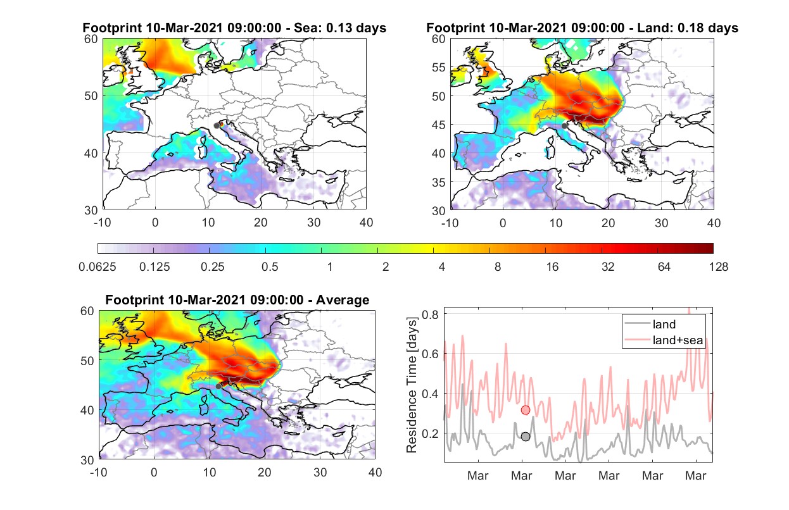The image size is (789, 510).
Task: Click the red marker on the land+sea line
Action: click(525, 410)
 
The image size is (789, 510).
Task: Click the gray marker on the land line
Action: click(525, 437)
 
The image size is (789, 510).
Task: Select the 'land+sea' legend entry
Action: click(664, 340)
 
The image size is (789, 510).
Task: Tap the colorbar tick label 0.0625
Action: click(98, 267)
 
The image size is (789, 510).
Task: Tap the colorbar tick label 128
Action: click(718, 267)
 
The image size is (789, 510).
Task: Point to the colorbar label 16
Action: click(552, 267)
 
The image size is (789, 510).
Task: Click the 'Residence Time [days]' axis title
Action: click(411, 385)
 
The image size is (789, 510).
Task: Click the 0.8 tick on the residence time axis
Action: click(430, 314)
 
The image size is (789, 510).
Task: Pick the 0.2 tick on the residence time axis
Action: click(430, 433)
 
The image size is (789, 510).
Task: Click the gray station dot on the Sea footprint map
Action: click(217, 126)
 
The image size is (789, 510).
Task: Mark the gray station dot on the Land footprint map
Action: click(564, 126)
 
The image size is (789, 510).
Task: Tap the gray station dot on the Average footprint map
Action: click(218, 387)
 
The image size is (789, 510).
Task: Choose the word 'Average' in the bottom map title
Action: click(343, 300)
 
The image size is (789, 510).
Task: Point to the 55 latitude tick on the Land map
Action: click(439, 67)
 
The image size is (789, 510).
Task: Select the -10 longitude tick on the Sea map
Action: click(102, 223)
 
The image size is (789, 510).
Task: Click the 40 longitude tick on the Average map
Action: click(375, 472)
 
